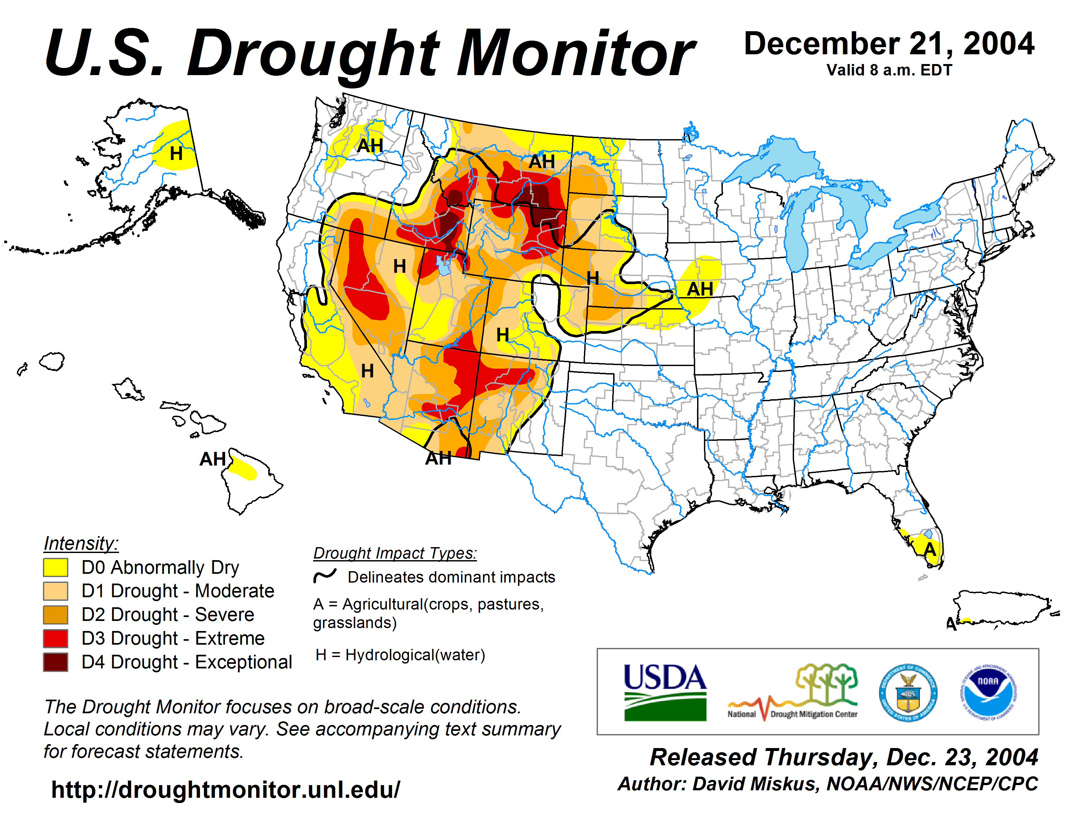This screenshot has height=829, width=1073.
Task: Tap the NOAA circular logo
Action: [x=988, y=692]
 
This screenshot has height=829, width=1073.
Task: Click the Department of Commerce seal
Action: [x=908, y=692]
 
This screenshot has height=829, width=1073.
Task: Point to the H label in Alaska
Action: [x=176, y=154]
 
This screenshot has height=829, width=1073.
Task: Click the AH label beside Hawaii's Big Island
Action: [x=212, y=459]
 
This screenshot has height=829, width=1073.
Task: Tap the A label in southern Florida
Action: [x=930, y=549]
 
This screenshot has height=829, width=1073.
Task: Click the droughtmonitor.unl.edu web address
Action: [x=226, y=790]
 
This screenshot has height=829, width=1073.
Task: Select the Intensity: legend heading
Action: [x=81, y=543]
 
